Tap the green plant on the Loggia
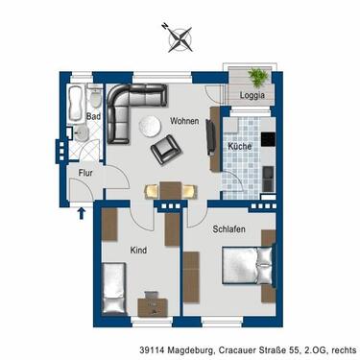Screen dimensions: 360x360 coord(257,77)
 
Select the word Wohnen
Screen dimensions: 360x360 coord(184,122)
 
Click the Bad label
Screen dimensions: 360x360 coord(93,117)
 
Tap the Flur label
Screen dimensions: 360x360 coord(84,175)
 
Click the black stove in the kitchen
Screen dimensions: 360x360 coord(268,140)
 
